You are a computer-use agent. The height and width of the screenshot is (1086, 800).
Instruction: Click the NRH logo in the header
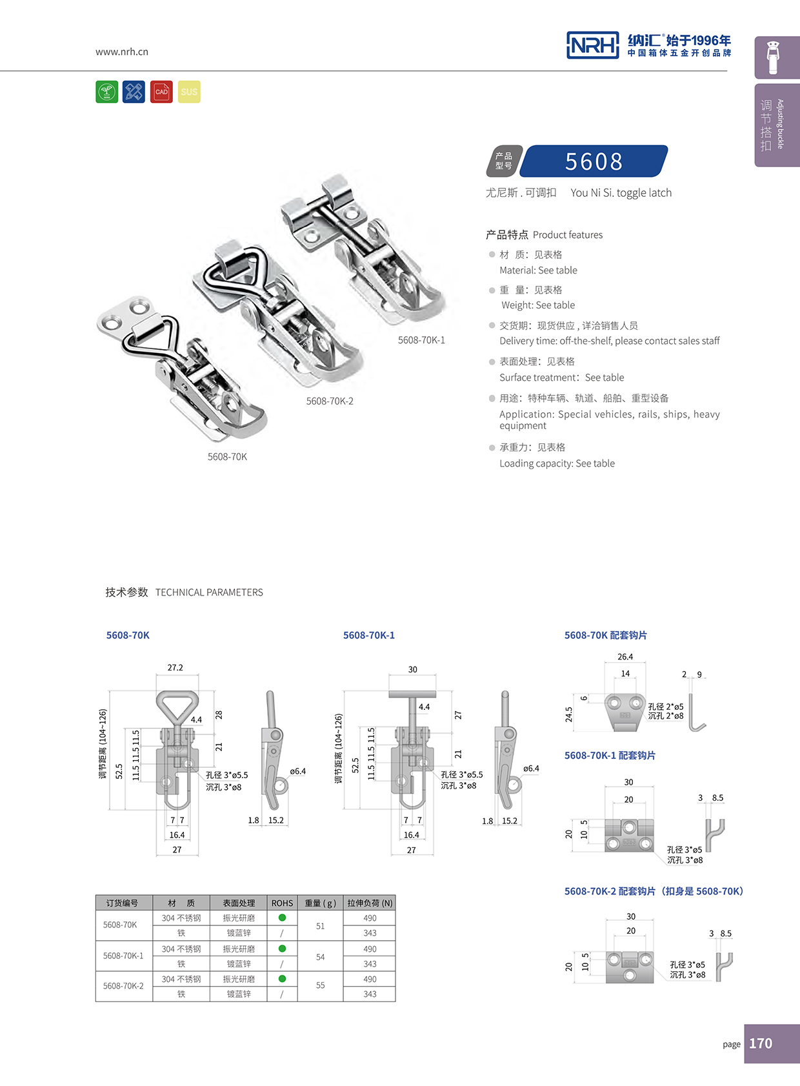[x=592, y=45]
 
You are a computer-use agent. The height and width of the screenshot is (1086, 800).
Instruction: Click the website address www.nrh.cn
[x=122, y=52]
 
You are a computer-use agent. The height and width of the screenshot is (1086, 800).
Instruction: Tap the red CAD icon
[x=161, y=92]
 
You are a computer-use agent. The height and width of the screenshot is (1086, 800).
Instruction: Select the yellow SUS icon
[x=189, y=92]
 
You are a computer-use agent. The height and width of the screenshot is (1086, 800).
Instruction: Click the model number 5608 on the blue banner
[x=594, y=161]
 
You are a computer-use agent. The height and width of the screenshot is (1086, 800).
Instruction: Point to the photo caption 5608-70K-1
[x=421, y=340]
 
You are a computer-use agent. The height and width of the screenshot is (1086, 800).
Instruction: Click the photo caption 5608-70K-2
[x=330, y=401]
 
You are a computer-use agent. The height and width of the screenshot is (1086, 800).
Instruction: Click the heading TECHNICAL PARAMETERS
[x=209, y=592]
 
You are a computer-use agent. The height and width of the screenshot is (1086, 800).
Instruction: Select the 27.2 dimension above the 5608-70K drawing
[x=175, y=668]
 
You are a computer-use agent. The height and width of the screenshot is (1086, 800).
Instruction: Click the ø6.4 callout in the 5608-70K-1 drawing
[x=531, y=769]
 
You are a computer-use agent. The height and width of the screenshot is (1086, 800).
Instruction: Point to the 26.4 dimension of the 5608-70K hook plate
[x=625, y=657]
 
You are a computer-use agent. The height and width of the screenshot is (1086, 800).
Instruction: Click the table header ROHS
[x=282, y=903]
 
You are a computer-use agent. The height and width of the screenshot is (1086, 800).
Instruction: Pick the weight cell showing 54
[x=320, y=957]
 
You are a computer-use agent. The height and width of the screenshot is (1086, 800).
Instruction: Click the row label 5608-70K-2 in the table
[x=123, y=986]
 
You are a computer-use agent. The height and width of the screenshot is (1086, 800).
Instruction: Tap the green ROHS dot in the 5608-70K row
[x=282, y=918]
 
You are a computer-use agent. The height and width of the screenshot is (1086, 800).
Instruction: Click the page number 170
[x=761, y=1043]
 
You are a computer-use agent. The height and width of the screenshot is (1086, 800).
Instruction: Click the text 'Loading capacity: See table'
[x=557, y=463]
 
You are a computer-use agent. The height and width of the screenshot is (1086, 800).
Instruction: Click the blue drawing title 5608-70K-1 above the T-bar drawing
[x=368, y=635]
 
